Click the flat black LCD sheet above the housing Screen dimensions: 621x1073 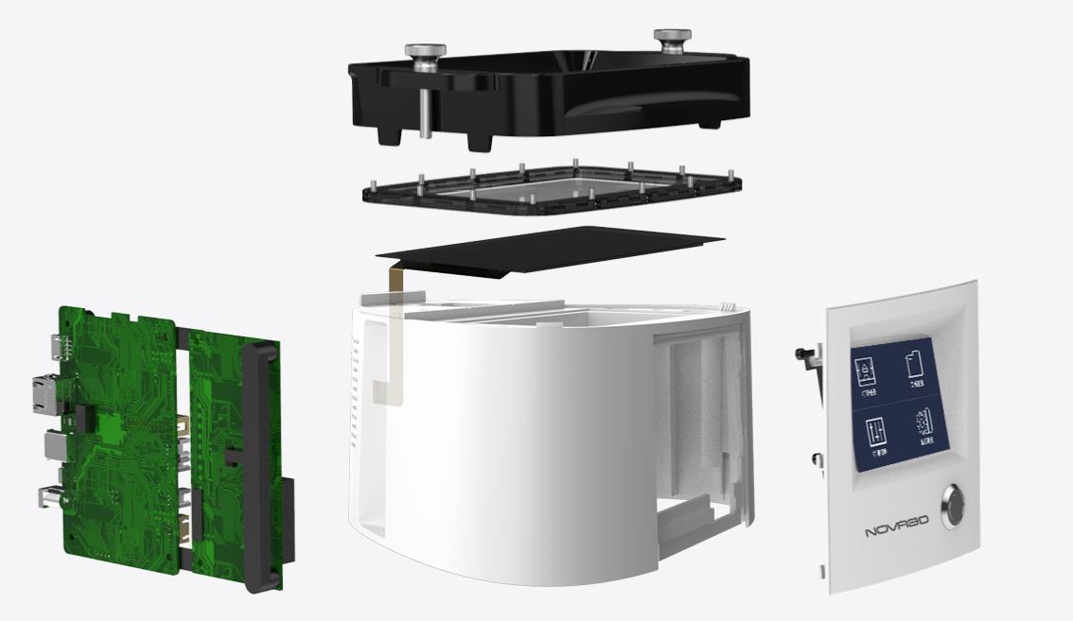(x=549, y=250)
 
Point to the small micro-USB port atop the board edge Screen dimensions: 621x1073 (x=59, y=340)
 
